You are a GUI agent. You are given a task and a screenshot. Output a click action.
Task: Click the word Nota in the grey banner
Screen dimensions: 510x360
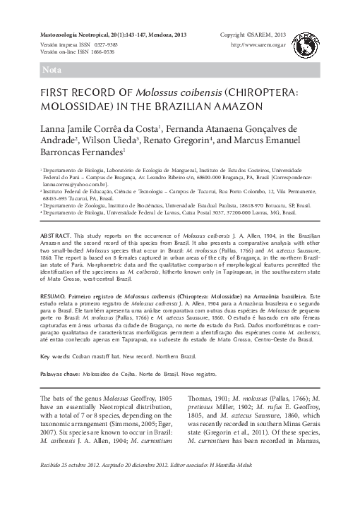pos(52,71)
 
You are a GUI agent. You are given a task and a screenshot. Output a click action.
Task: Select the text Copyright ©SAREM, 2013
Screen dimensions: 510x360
pos(253,35)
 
